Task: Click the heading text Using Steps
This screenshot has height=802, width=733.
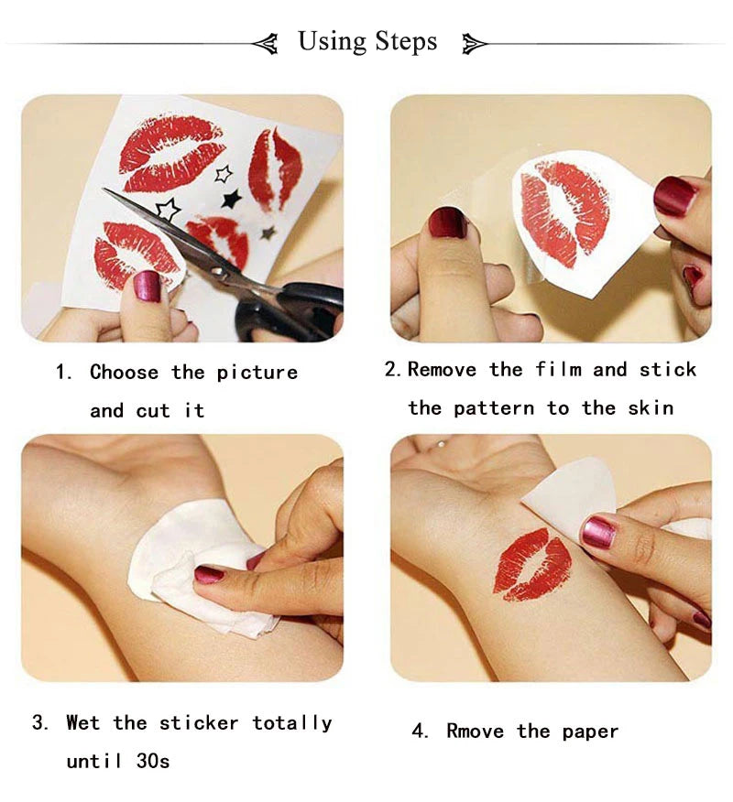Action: (x=367, y=41)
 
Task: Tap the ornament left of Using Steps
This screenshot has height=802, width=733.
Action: (x=266, y=42)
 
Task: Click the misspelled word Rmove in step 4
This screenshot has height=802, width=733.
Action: (x=475, y=731)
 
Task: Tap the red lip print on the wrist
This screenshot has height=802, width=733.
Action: (x=532, y=564)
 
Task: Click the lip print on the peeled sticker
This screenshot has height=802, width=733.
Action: (x=563, y=212)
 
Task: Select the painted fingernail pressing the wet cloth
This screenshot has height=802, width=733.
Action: (x=209, y=575)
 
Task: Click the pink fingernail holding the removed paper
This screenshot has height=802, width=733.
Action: (x=598, y=532)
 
